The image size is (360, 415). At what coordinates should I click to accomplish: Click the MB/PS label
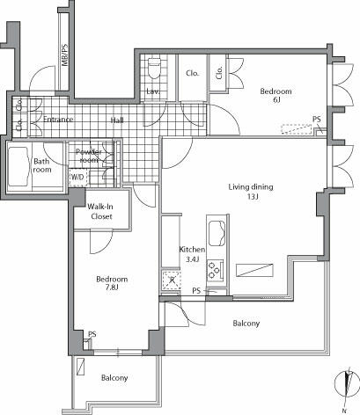(65, 56)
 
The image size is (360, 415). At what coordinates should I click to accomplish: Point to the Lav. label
(152, 91)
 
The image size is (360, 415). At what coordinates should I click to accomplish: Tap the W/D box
(77, 176)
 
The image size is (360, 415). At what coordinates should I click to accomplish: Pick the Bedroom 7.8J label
(113, 284)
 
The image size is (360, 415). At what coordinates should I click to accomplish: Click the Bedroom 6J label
(276, 96)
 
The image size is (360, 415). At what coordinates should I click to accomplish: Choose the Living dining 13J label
(251, 192)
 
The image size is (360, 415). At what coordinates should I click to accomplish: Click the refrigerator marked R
(170, 280)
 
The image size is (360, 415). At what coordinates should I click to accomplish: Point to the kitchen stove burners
(217, 272)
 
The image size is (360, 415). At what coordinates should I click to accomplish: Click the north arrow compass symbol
(347, 387)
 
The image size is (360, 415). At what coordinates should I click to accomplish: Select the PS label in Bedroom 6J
(316, 120)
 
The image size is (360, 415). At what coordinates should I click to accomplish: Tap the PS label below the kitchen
(196, 290)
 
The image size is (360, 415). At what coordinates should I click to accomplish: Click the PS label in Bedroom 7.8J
(92, 334)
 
